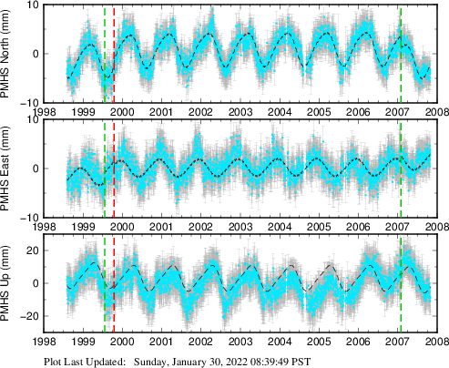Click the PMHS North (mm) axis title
[8, 53]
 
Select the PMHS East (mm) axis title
[8, 169]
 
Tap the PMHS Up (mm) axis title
[8, 284]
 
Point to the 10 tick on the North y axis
[29, 5]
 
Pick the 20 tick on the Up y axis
[29, 250]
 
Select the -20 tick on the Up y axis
[27, 316]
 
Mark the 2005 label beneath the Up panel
[318, 343]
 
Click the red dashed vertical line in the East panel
[113, 169]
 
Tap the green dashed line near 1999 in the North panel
[105, 53]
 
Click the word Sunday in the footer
[153, 361]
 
